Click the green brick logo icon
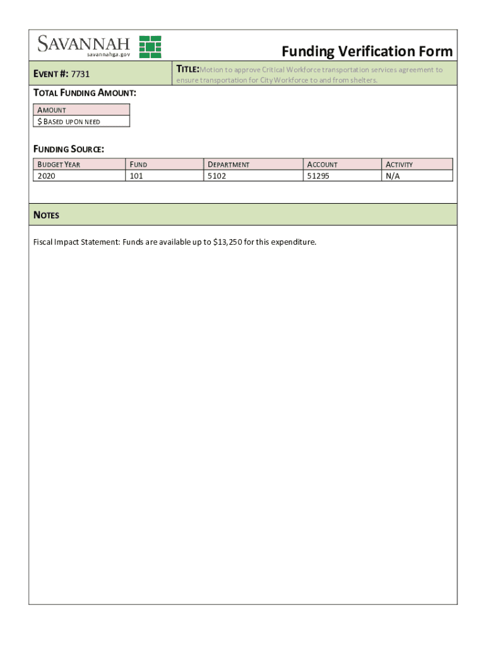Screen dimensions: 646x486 click(x=150, y=47)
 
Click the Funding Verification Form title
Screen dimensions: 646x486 click(x=367, y=51)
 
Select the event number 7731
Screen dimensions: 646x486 click(x=80, y=74)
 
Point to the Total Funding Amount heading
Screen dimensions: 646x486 click(x=85, y=93)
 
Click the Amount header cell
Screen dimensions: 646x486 click(x=52, y=110)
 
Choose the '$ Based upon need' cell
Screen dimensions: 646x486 click(x=69, y=121)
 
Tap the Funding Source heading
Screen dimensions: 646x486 click(x=69, y=149)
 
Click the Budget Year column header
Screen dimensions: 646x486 click(x=59, y=165)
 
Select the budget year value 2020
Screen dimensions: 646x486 click(x=47, y=176)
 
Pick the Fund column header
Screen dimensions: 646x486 click(x=138, y=165)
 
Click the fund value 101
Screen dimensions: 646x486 click(x=136, y=176)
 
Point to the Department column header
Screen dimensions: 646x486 click(x=228, y=165)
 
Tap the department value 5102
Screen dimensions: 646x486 click(x=217, y=176)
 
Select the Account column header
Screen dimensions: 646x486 click(x=322, y=165)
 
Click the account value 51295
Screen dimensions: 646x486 click(x=318, y=176)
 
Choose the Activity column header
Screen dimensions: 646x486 click(x=399, y=165)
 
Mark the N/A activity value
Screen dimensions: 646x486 click(x=393, y=176)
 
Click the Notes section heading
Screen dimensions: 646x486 click(x=46, y=215)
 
